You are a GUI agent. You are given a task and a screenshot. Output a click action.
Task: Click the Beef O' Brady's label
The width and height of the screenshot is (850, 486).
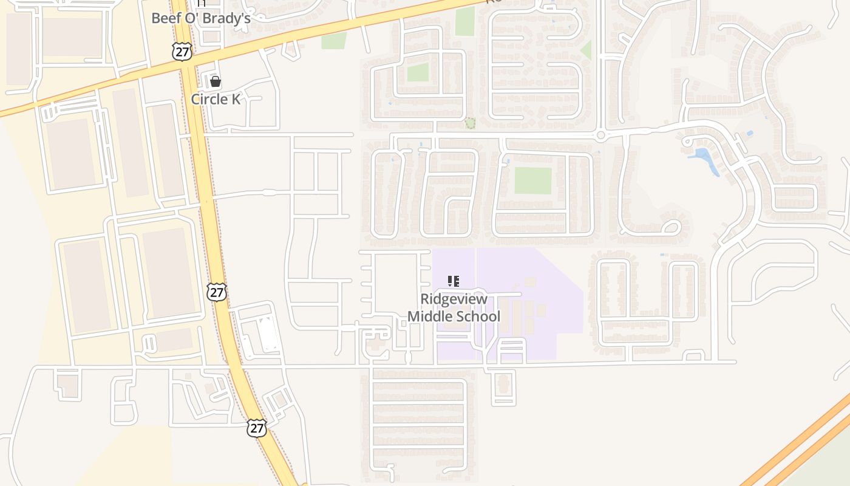(200, 18)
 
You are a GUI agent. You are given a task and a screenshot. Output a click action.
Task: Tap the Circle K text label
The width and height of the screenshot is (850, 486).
(216, 99)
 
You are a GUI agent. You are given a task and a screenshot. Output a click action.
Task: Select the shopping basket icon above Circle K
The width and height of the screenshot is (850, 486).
(215, 81)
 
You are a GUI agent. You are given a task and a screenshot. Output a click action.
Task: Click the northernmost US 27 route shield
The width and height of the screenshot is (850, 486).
(182, 52)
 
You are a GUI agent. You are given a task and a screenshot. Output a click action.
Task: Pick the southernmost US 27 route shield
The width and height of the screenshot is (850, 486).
(257, 428)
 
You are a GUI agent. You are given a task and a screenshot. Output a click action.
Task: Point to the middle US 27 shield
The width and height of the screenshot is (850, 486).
(217, 292)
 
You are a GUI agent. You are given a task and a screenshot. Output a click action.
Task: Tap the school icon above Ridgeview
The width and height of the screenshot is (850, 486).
(453, 281)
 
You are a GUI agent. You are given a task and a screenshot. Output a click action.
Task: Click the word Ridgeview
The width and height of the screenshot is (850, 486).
(454, 299)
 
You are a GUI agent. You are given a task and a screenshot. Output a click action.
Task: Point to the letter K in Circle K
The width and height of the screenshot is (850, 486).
(234, 99)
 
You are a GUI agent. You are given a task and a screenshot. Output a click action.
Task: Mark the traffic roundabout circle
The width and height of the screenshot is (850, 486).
(600, 135)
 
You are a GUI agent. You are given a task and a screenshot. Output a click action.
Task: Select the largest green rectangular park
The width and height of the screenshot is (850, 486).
(533, 180)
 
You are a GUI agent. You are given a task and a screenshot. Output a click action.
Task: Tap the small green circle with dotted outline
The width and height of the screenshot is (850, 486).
(470, 123)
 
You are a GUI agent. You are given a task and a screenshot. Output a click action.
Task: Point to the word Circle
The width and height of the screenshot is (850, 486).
(208, 99)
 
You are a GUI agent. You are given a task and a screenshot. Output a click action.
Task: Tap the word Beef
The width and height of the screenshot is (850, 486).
(164, 18)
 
